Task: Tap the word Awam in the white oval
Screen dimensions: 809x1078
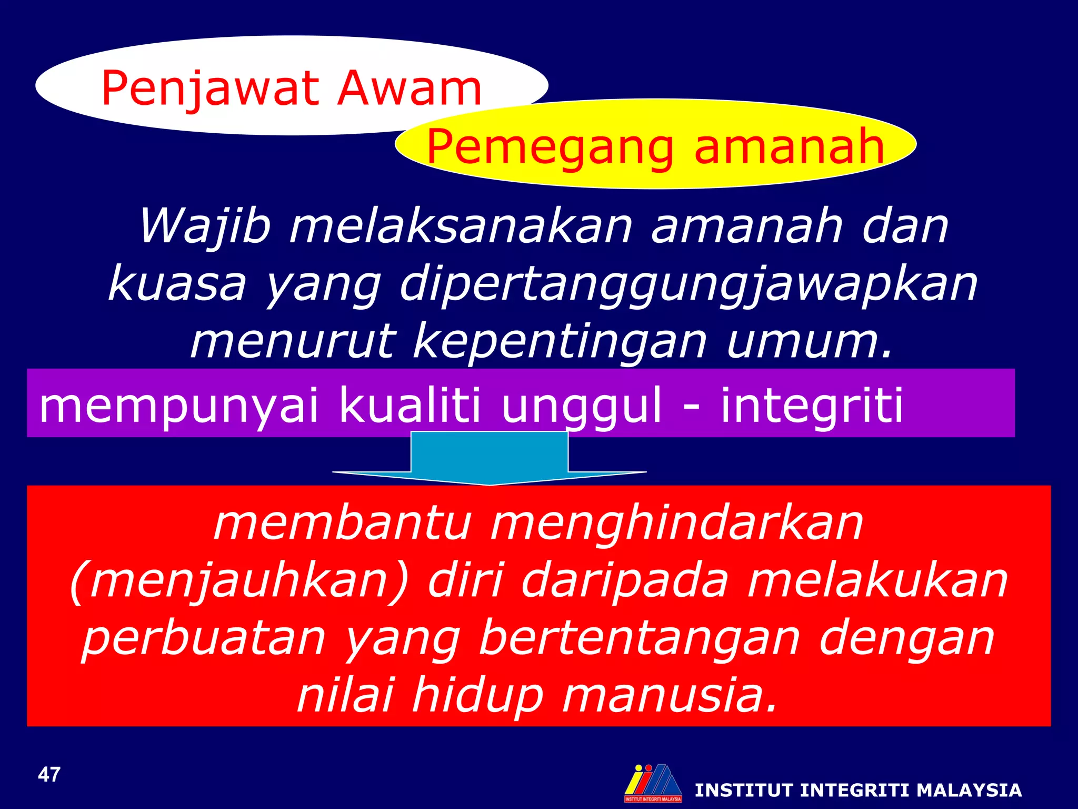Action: [410, 88]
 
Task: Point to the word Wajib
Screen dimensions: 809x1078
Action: [206, 226]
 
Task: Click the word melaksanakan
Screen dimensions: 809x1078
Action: [461, 226]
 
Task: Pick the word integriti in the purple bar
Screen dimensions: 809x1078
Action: [811, 404]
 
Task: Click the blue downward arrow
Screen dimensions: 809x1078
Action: [490, 458]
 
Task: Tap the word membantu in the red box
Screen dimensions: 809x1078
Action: [342, 524]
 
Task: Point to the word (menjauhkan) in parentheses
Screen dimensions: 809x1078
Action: [239, 581]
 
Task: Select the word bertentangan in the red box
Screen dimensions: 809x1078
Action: [639, 638]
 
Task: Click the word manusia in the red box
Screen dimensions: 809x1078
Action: [669, 695]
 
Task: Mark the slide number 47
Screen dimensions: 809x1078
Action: [49, 775]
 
